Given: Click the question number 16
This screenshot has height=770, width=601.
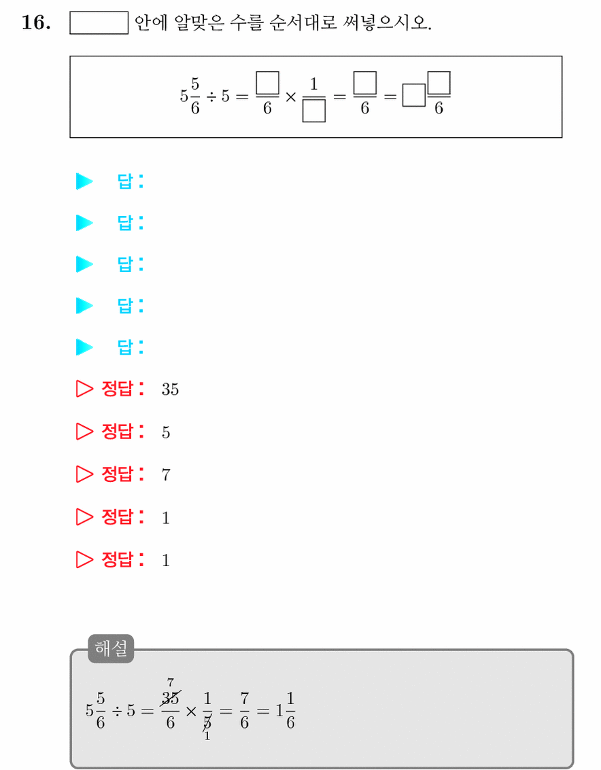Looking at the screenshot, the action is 36,22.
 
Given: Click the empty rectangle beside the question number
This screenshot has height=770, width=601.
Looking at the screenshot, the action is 99,23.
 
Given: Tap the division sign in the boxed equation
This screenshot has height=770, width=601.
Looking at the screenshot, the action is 211,97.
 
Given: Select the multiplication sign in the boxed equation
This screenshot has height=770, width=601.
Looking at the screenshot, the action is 290,97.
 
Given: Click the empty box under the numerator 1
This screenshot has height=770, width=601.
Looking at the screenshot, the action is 313,111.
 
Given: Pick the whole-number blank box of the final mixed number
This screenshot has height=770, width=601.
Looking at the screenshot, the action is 414,95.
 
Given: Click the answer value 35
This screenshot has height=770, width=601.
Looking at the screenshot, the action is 170,389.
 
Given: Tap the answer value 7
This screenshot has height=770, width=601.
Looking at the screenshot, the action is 166,474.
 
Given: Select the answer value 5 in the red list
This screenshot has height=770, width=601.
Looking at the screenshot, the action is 166,432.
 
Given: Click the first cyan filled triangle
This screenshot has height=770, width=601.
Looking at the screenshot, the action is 84,181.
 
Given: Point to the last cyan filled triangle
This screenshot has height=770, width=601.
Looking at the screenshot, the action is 84,347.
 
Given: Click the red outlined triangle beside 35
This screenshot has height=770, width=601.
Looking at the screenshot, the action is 84,389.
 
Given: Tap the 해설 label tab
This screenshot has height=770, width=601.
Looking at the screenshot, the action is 111,648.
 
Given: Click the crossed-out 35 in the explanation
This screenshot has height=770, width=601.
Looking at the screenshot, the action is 171,698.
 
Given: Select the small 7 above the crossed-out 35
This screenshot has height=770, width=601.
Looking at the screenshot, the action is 171,682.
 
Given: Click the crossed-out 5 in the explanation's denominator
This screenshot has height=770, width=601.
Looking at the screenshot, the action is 207,722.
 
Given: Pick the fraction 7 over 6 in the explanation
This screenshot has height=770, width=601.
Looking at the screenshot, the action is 244,710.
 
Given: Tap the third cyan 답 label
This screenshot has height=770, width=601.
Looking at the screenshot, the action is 131,264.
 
